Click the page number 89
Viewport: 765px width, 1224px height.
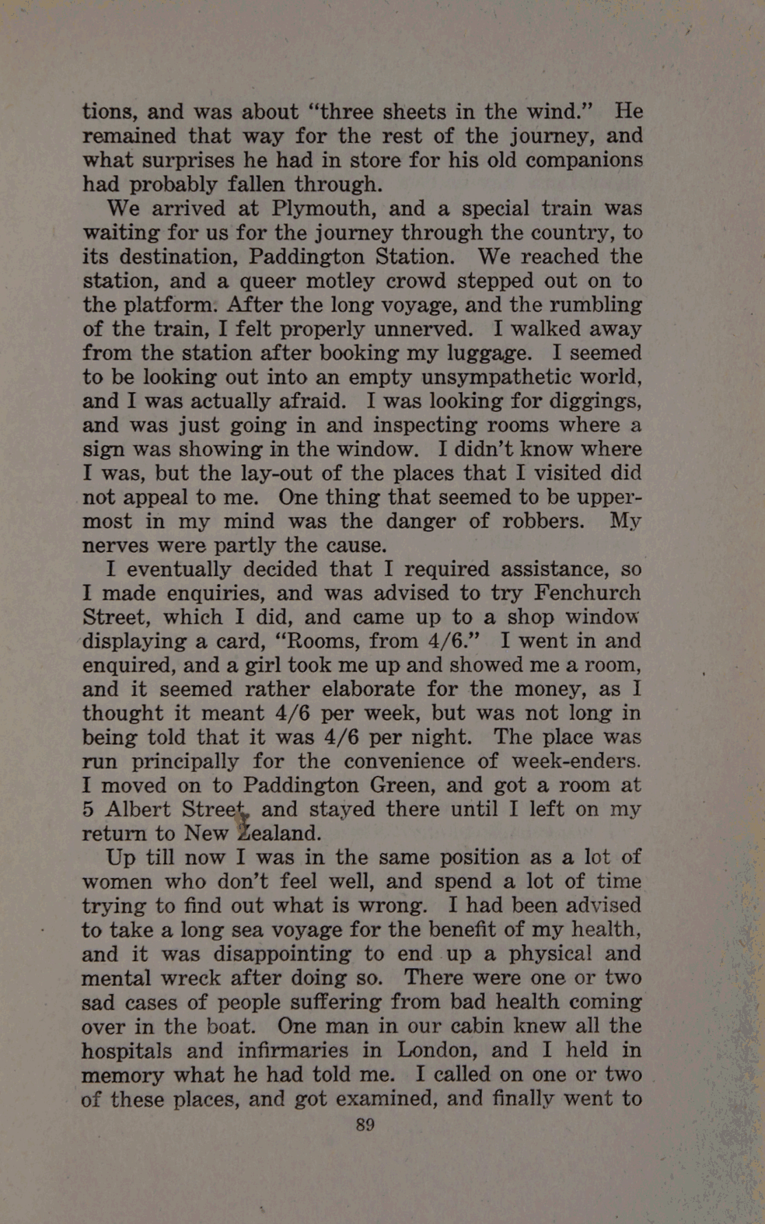pos(365,1124)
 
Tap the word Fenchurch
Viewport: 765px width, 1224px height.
pos(588,592)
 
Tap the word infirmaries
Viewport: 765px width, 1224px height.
pos(306,1050)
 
